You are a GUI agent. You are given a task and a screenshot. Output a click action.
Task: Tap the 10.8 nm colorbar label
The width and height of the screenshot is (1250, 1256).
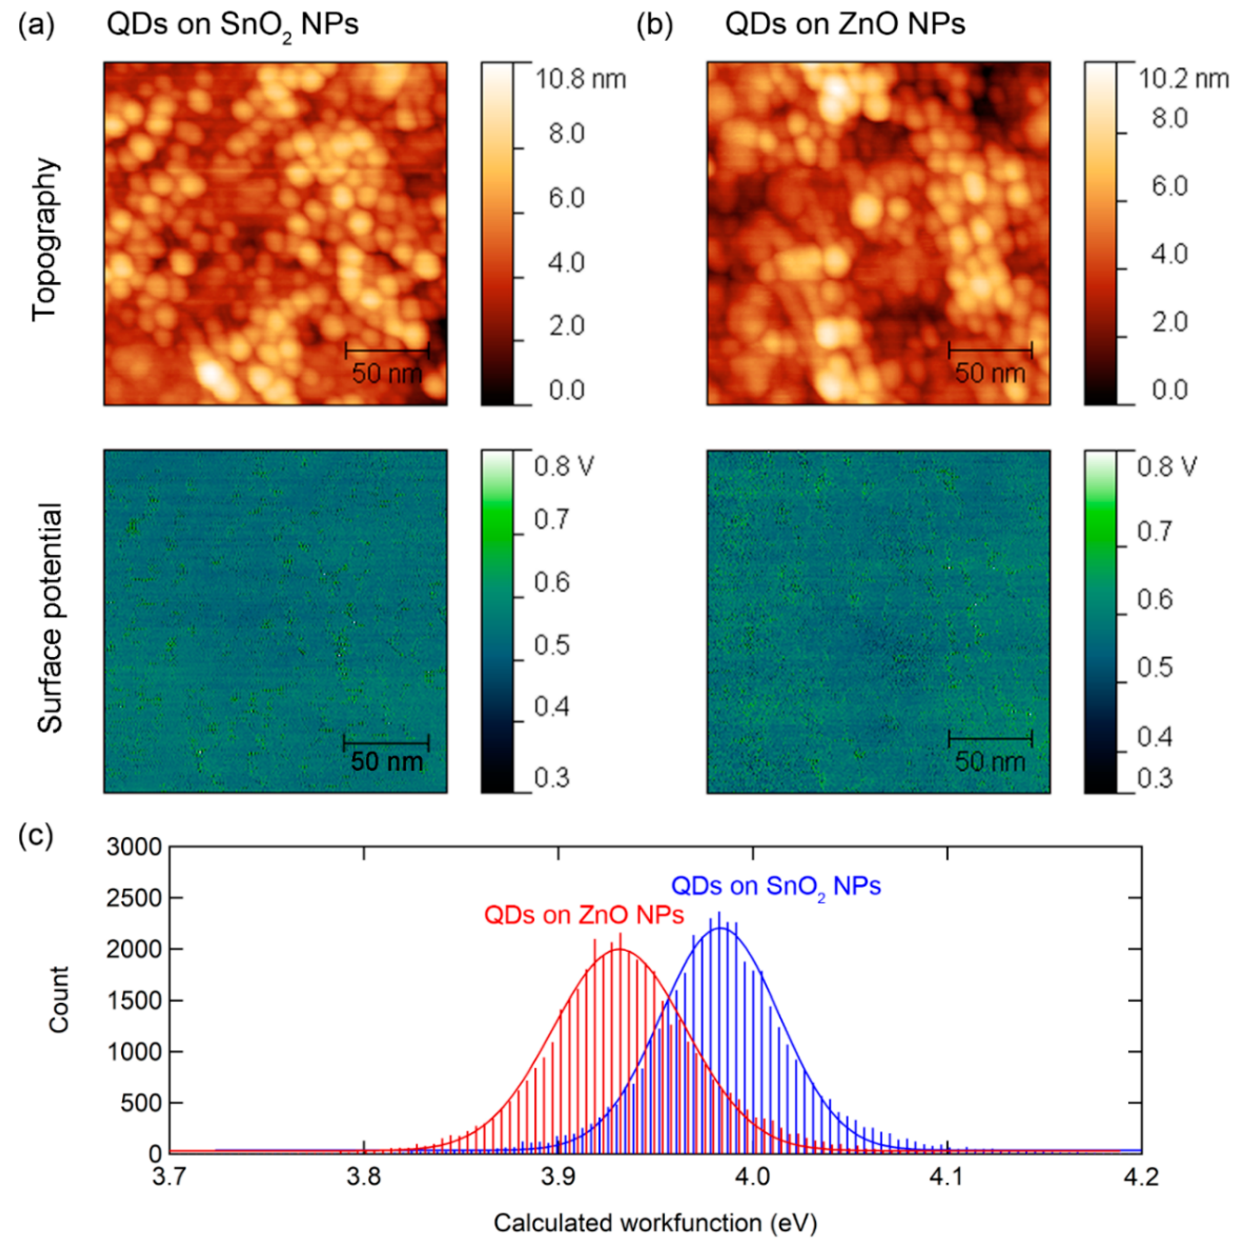point(580,79)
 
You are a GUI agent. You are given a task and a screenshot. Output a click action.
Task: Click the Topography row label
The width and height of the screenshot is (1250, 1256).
point(45,239)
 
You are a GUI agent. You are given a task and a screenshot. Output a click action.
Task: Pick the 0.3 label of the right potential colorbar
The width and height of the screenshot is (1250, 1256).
point(1154,778)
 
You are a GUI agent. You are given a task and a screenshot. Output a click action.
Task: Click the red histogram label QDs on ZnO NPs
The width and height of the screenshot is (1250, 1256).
point(584,915)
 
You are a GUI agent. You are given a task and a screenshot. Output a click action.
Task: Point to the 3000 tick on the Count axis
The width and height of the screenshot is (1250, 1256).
point(134,847)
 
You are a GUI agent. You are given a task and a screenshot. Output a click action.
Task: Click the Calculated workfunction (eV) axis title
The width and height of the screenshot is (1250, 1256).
point(655,1223)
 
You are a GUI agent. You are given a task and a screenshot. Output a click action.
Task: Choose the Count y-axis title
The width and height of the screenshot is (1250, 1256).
point(59,999)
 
